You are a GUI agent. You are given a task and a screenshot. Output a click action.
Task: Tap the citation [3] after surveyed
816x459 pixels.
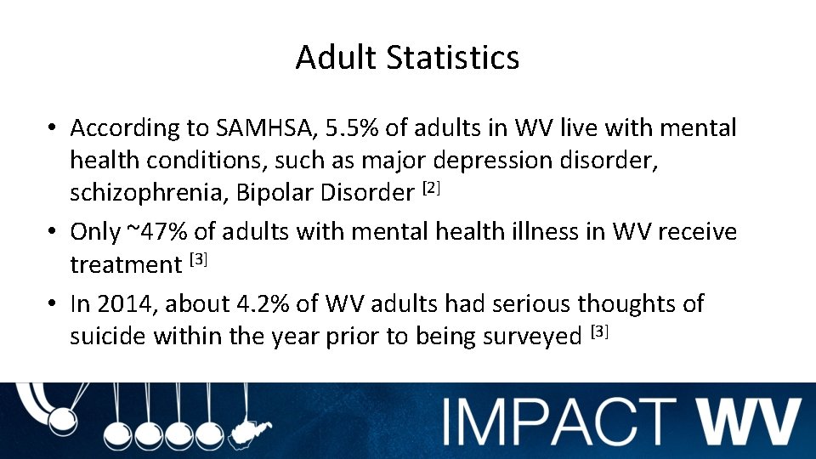[x=599, y=331]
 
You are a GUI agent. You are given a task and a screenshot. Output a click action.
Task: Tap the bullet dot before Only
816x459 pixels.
[x=53, y=232]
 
